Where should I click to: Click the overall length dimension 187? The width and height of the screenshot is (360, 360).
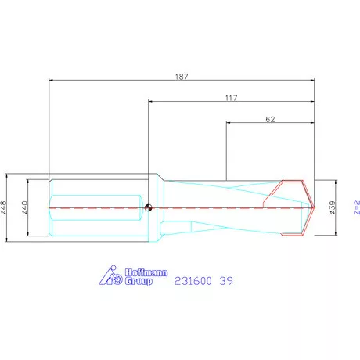click(182, 77)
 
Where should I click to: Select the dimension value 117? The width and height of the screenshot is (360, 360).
click(230, 98)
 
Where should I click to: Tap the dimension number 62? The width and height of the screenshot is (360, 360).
click(270, 119)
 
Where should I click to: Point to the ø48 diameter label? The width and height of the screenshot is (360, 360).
click(5, 207)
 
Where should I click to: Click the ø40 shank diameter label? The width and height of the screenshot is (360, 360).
click(26, 207)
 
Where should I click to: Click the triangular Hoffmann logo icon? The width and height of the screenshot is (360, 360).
click(113, 277)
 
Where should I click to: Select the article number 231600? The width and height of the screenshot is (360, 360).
click(193, 279)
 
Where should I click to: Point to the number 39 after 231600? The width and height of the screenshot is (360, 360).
click(225, 279)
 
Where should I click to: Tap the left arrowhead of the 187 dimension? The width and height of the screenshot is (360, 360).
click(51, 80)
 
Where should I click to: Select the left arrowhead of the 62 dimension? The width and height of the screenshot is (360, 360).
click(229, 122)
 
